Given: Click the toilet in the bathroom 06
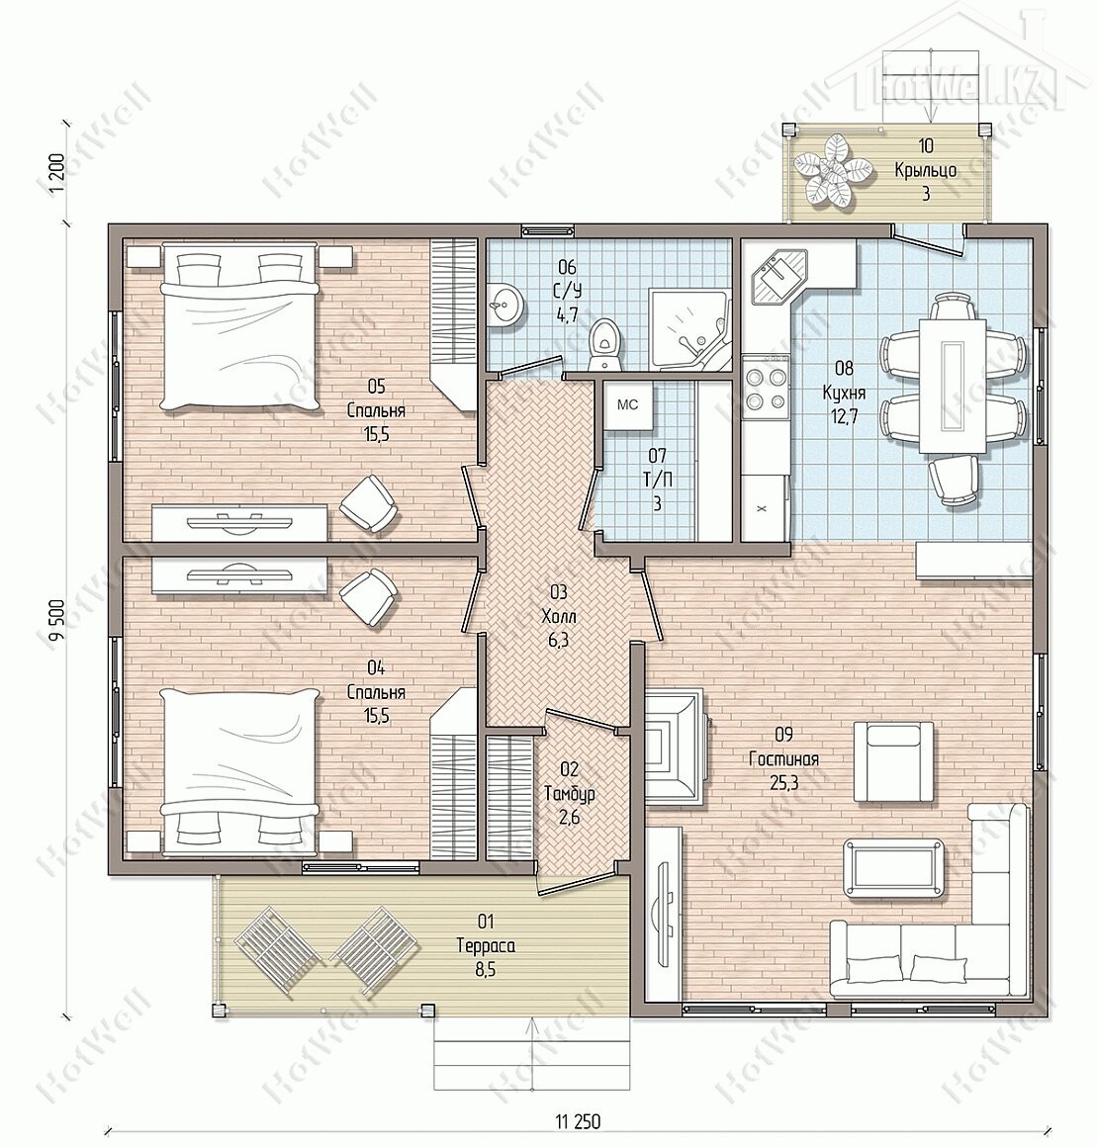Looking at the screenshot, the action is pos(606,344).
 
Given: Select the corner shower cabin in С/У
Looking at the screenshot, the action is pos(690,330).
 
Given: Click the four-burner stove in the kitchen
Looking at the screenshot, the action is pos(765,387).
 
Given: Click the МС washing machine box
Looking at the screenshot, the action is pos(626,405).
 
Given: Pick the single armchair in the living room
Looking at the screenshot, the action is pos(893,760).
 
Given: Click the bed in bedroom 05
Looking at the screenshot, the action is pos(240,326).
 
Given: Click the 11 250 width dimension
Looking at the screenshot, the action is pos(578,1120).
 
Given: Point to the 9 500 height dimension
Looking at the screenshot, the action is pos(57,620).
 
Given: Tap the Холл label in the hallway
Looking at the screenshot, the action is pos(559,616).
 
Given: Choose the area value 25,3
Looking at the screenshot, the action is pos(784,783).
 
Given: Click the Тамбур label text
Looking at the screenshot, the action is pos(570,793).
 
